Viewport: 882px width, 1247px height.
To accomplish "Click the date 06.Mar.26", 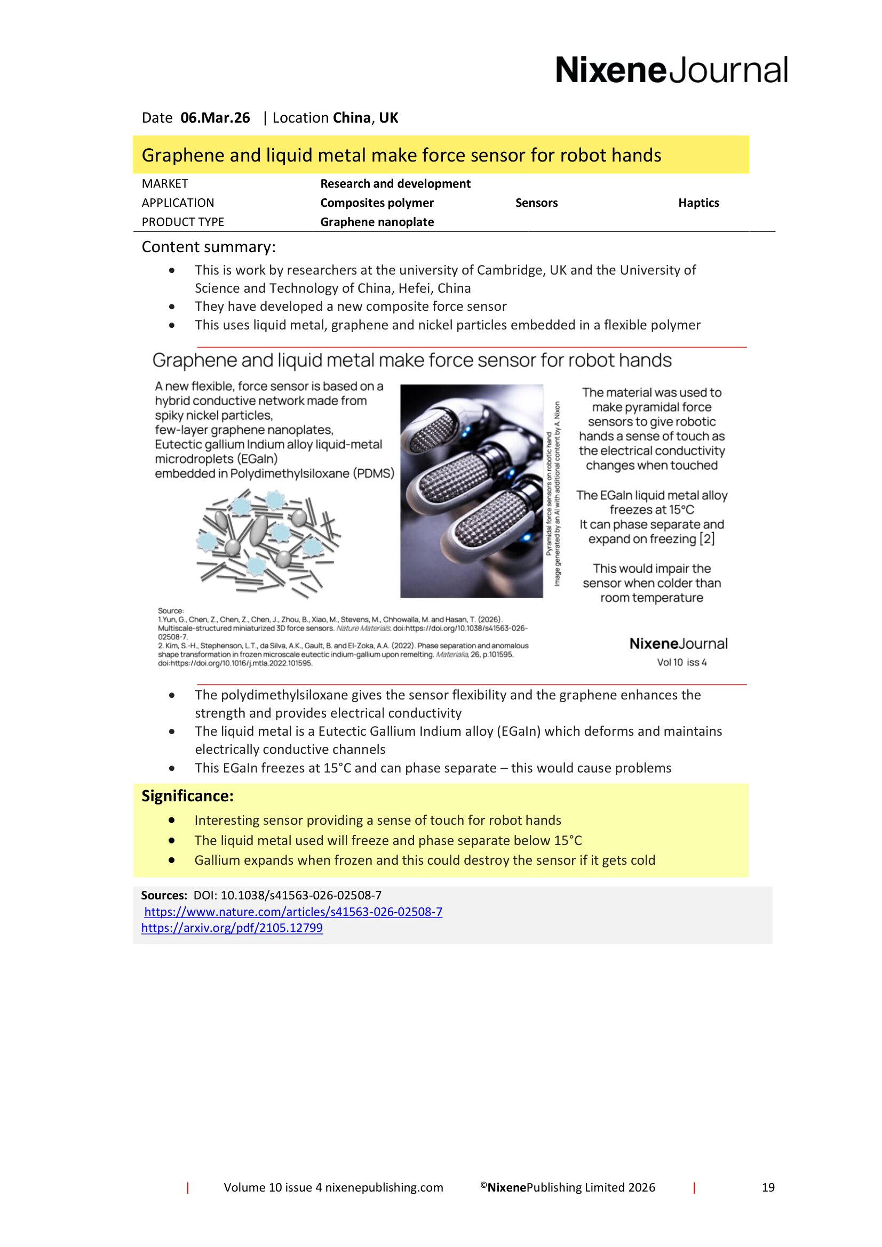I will point(215,118).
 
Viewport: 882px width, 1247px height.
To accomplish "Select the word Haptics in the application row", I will point(698,203).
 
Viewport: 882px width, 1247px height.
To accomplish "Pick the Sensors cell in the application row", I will point(536,203).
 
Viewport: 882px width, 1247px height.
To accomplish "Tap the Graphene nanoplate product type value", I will point(377,222).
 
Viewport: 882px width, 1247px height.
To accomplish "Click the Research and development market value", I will point(395,183).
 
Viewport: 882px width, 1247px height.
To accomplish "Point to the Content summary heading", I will point(209,247).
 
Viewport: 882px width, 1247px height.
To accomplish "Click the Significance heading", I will point(187,796).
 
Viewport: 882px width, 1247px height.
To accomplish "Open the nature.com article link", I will point(293,912).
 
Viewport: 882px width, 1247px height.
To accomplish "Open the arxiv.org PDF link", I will point(232,928).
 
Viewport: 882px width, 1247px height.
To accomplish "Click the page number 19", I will point(768,1188).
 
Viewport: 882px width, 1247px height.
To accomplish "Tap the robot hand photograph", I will point(471,491).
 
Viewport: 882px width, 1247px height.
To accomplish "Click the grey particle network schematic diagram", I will point(268,543).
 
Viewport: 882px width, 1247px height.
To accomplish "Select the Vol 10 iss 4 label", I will point(681,663).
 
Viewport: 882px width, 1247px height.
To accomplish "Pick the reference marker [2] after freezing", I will point(707,539).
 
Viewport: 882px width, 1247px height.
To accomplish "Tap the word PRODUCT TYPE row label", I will point(182,222).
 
